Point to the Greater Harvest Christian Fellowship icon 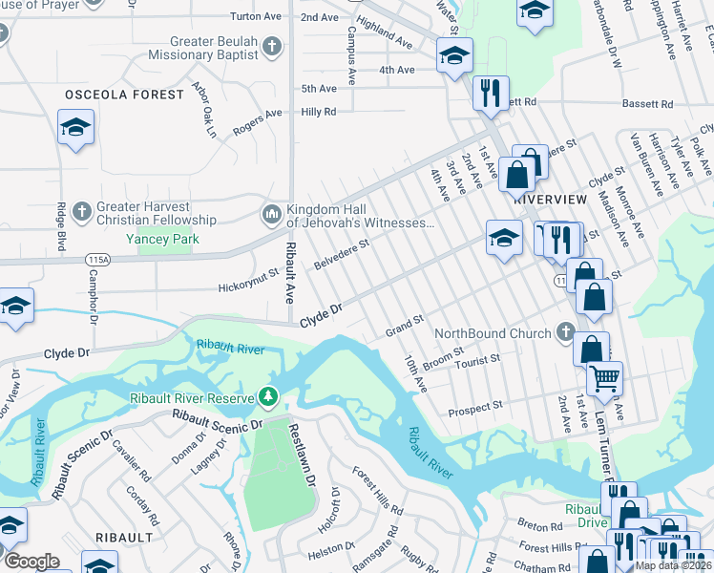click(82, 209)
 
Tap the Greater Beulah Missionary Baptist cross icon click(272, 45)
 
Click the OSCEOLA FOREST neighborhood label click(124, 95)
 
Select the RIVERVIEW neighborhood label click(550, 199)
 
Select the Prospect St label click(475, 407)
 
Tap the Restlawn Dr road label click(303, 456)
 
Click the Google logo click(31, 562)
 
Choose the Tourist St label click(477, 360)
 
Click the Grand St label click(404, 324)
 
